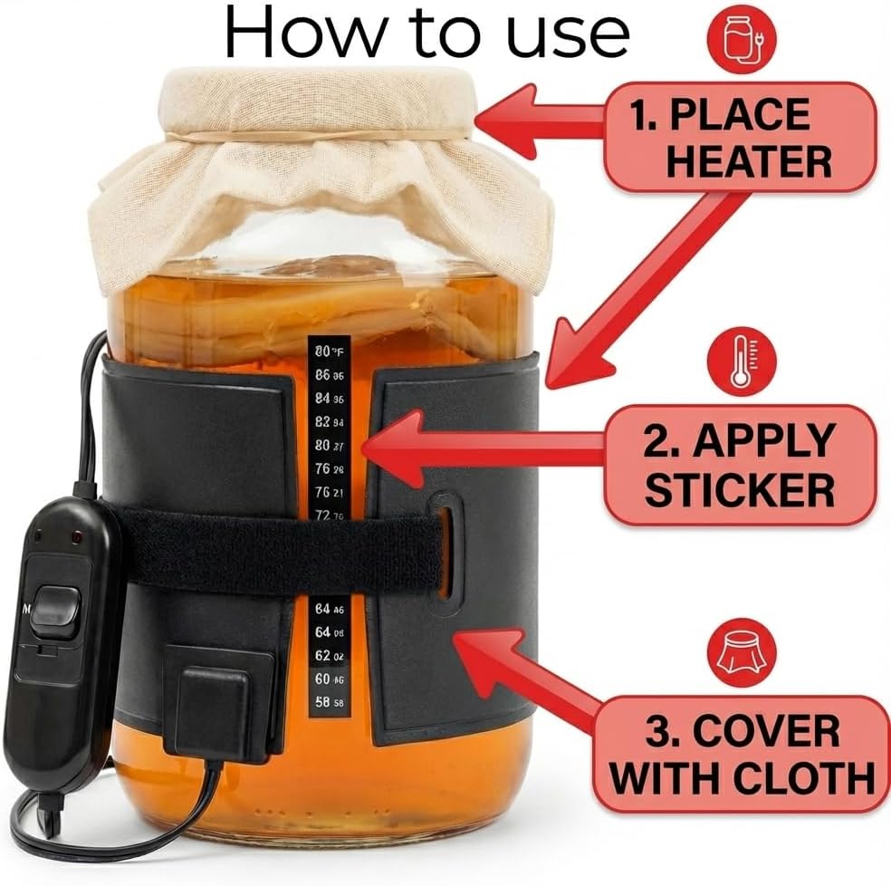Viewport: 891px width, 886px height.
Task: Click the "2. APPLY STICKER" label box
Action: [x=740, y=465]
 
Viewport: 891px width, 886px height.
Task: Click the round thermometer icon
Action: [x=742, y=362]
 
